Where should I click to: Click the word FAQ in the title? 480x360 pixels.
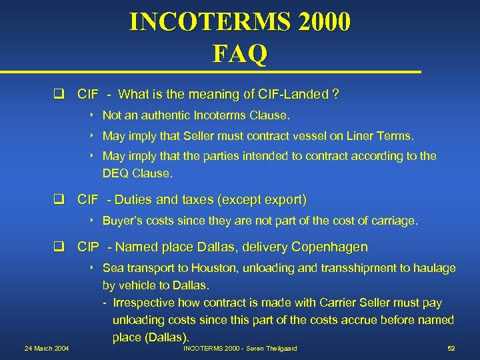pos(240,53)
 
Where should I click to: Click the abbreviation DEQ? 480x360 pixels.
pos(115,173)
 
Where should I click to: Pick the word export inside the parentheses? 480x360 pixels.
pos(285,199)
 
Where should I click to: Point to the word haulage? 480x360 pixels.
pos(435,268)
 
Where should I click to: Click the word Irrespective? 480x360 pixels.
pos(145,303)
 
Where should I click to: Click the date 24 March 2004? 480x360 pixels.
pos(47,348)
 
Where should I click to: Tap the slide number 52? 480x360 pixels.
pos(451,348)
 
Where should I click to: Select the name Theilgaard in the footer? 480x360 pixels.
pos(280,348)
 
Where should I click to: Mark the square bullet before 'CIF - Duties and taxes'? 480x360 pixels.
pos(59,200)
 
